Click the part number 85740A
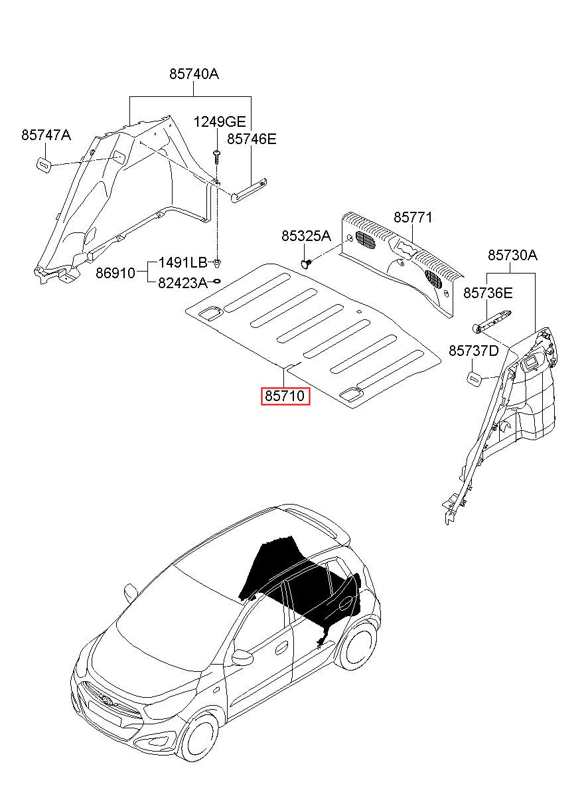pos(194,74)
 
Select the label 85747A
pos(46,135)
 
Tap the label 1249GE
pos(220,122)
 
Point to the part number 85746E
pos(252,139)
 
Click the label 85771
pos(413,217)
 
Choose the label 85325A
pos(306,236)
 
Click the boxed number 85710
pos(285,396)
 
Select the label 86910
pos(115,273)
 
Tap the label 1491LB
pos(183,263)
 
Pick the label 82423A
pos(183,283)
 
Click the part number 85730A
pos(512,255)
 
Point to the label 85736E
pos(488,293)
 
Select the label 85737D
pos(474,351)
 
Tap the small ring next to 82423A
pos(217,281)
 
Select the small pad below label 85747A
pos(44,165)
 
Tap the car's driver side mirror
pos(242,657)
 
